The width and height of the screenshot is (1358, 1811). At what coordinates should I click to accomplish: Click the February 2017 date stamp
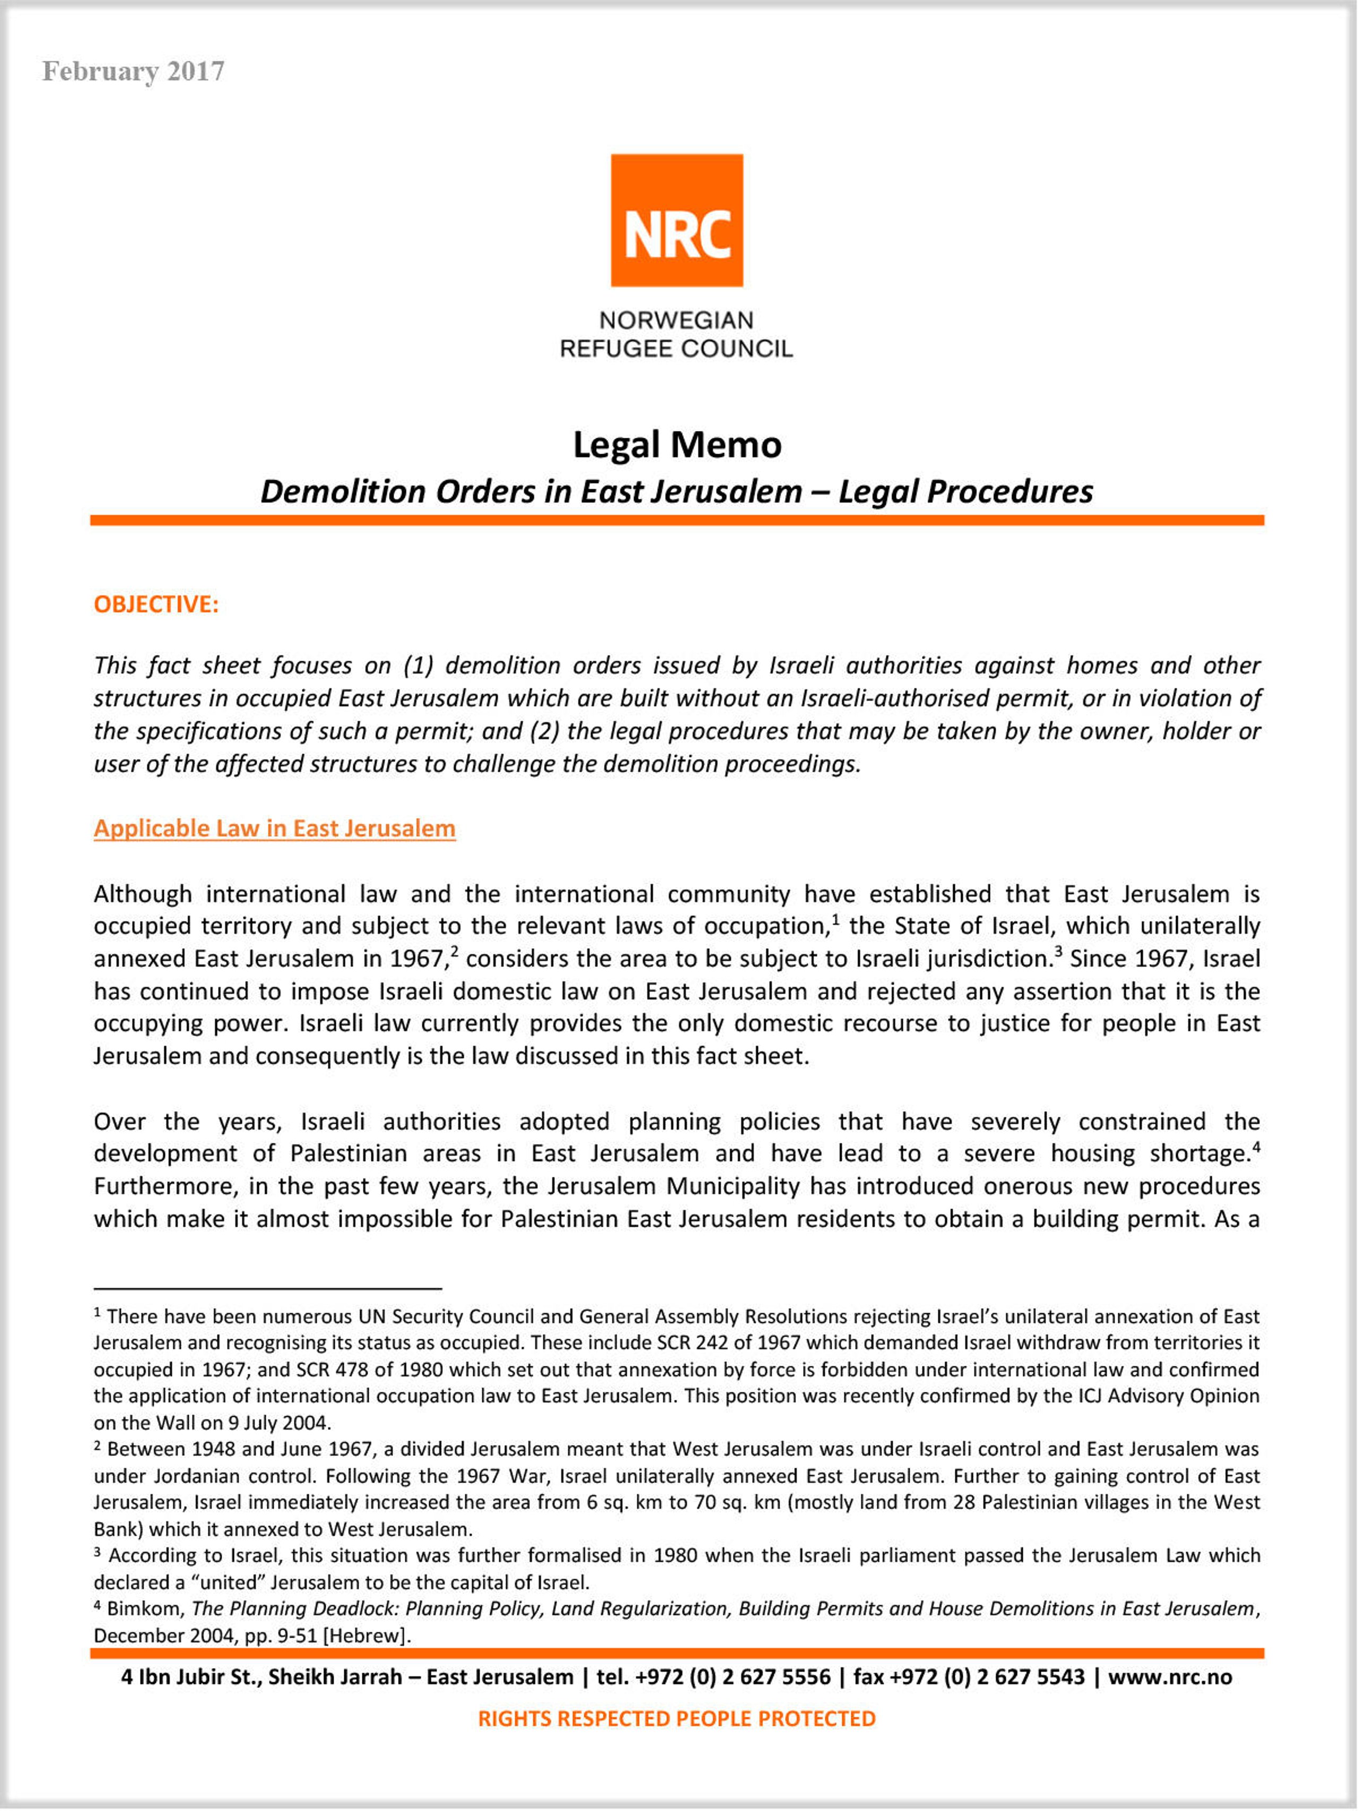coord(133,71)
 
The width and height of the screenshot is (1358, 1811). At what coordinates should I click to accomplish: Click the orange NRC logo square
coord(676,220)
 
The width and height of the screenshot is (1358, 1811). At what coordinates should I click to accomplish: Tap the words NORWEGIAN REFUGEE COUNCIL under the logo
coord(676,334)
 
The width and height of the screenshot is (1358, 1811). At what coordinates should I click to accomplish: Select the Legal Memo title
coord(676,445)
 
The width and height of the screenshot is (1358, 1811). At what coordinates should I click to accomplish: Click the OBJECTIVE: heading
coord(155,604)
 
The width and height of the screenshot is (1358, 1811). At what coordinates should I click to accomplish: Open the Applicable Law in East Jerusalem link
coord(274,828)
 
